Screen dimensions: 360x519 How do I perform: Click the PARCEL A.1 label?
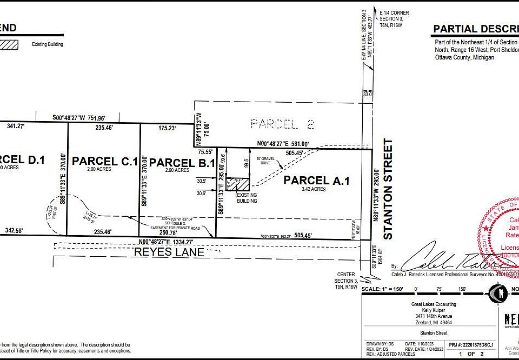[x=316, y=181]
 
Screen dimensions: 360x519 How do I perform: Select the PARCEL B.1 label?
[x=182, y=163]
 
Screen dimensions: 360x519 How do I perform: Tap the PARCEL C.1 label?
[x=105, y=161]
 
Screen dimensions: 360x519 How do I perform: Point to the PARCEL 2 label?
[x=282, y=124]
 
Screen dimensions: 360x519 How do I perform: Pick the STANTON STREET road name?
[x=387, y=189]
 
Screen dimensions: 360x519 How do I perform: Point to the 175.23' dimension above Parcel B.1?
[x=167, y=129]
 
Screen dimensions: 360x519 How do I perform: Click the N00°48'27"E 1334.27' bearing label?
[x=172, y=242]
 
